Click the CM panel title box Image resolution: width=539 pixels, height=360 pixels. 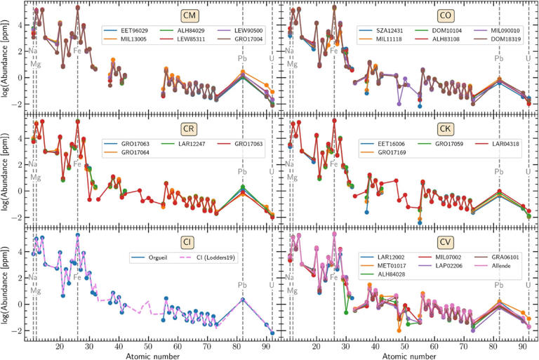[x=170, y=15]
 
